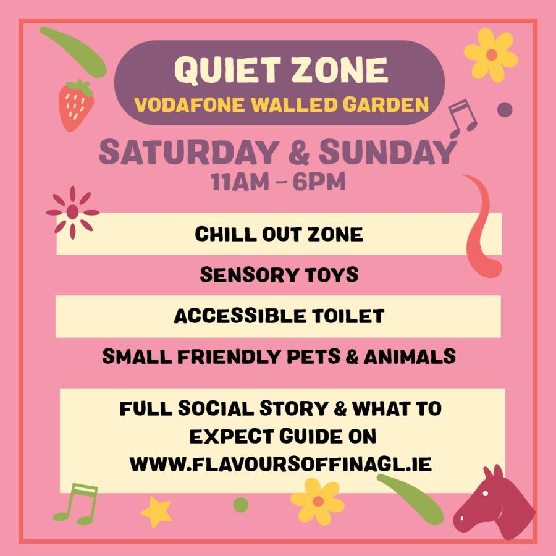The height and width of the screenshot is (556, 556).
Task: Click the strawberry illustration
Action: pyautogui.click(x=76, y=105)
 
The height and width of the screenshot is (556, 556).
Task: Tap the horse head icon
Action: pyautogui.click(x=494, y=503)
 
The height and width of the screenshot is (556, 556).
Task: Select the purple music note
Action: pyautogui.click(x=462, y=119)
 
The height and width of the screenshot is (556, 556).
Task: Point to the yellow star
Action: pyautogui.click(x=156, y=512)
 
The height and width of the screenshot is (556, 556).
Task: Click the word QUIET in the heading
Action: pyautogui.click(x=227, y=70)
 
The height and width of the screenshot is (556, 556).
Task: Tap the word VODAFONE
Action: pyautogui.click(x=190, y=105)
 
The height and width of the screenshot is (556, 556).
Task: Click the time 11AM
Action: pyautogui.click(x=240, y=182)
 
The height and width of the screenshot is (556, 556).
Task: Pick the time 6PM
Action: pyautogui.click(x=319, y=182)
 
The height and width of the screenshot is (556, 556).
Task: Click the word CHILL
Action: pyautogui.click(x=225, y=234)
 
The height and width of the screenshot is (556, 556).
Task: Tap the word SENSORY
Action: pyautogui.click(x=244, y=275)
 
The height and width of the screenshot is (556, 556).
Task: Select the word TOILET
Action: pyautogui.click(x=348, y=316)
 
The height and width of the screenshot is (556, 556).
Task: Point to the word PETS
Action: pyautogui.click(x=313, y=356)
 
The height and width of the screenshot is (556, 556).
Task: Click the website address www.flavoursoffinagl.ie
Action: pyautogui.click(x=280, y=464)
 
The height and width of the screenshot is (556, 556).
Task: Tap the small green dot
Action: pyautogui.click(x=241, y=505)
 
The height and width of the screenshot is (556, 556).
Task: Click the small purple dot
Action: pyautogui.click(x=505, y=109)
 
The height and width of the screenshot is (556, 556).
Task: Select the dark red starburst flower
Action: pyautogui.click(x=73, y=212)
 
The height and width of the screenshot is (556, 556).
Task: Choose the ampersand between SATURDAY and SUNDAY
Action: pyautogui.click(x=299, y=153)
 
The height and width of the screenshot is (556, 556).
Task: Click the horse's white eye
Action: pyautogui.click(x=486, y=493)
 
